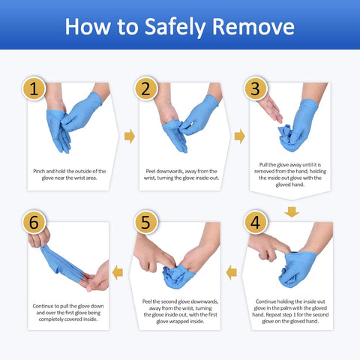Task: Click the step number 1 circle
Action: [34, 88]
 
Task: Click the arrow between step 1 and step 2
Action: [129, 136]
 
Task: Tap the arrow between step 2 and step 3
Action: [240, 136]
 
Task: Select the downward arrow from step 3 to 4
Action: [292, 211]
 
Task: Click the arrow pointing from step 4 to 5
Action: [232, 271]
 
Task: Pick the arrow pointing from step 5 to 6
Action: [121, 271]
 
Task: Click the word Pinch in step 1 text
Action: [41, 171]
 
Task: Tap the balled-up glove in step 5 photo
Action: [178, 276]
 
